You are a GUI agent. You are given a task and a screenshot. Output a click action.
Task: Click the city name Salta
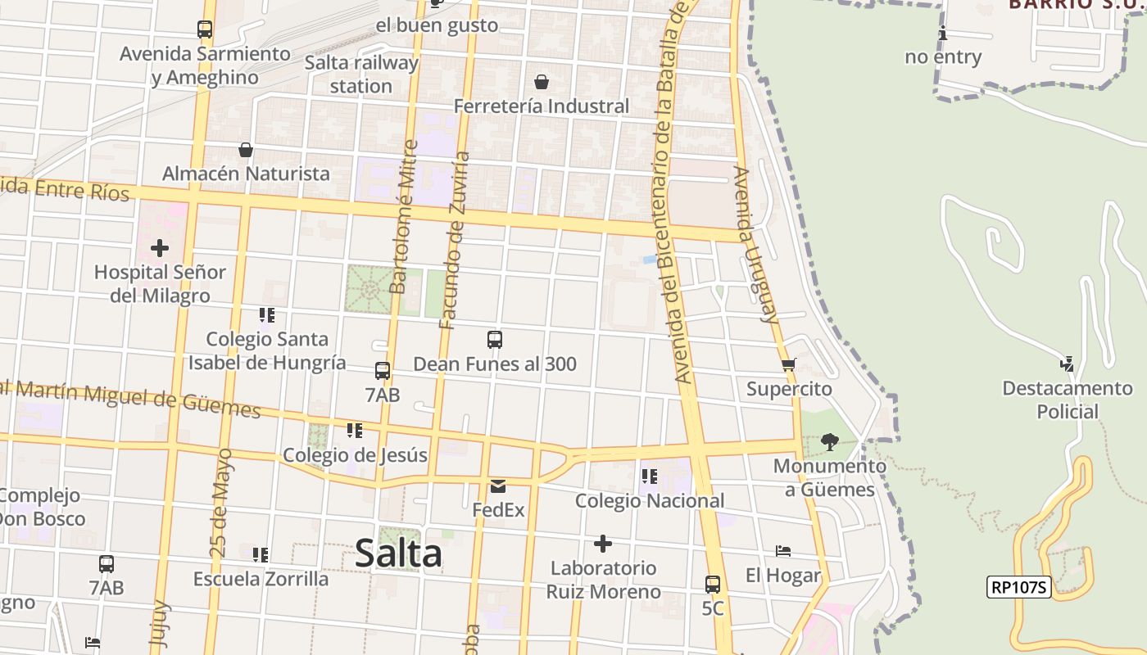(399, 553)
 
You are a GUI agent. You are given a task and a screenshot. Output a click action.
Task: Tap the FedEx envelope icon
(498, 486)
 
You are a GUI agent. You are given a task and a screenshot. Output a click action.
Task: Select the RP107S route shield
(1019, 586)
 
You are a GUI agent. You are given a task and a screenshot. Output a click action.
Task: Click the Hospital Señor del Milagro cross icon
(160, 247)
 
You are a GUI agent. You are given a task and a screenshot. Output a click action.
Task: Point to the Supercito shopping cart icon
(788, 364)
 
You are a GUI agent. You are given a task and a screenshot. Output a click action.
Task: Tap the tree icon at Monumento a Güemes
(829, 442)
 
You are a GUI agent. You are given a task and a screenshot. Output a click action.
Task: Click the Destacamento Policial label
(1067, 400)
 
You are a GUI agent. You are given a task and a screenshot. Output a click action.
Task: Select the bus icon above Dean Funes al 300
(495, 339)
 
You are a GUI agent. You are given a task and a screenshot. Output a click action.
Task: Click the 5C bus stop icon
(713, 585)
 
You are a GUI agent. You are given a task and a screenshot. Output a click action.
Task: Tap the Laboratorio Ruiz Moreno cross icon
(603, 544)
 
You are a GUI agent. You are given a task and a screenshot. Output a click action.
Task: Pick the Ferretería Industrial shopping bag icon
(542, 82)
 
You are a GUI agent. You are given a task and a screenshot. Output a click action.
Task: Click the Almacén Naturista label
(246, 174)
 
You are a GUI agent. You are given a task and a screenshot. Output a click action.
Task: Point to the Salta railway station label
(361, 74)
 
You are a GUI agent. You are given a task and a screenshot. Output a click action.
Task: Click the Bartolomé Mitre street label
(404, 217)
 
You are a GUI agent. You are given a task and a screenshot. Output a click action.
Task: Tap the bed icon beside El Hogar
(783, 551)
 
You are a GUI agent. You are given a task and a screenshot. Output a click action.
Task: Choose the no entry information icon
(943, 34)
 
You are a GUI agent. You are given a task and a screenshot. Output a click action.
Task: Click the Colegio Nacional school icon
(650, 476)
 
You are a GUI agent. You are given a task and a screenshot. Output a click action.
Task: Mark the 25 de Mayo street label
(222, 504)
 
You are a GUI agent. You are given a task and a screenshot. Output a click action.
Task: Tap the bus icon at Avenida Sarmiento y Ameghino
(205, 29)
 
